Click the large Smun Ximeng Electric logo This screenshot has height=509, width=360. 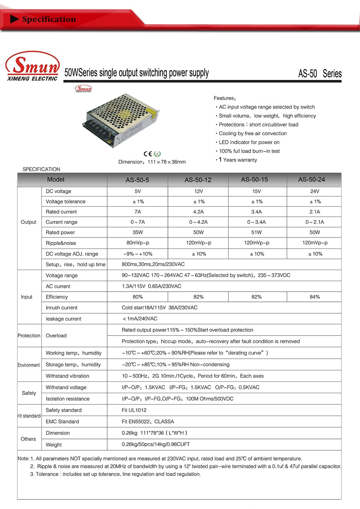point(33,66)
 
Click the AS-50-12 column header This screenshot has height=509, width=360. point(198,180)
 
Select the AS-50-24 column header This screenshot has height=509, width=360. point(311,180)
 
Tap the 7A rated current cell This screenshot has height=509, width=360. point(138,212)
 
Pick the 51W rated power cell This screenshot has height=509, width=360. point(257,232)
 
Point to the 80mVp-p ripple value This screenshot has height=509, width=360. point(138,243)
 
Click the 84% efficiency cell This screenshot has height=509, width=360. point(315,297)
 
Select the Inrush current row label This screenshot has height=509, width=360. point(61,308)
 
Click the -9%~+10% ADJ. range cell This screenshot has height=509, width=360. point(138,254)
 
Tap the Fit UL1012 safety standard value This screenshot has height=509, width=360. point(134,410)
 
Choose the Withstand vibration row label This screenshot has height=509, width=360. point(67,376)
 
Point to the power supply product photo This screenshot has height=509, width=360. point(120,120)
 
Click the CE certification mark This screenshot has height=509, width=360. point(148,153)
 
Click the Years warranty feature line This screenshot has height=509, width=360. point(238,160)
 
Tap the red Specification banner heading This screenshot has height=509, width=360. point(49,19)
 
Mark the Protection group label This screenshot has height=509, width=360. point(29,336)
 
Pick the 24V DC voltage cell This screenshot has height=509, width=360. point(315,191)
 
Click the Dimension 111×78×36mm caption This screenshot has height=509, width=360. point(152,162)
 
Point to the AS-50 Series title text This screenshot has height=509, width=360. point(320,73)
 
